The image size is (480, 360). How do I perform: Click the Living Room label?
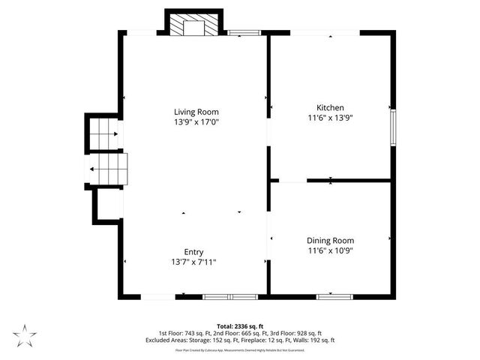click(196, 112)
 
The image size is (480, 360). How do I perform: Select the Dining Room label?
click(330, 241)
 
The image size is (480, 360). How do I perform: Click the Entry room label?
click(194, 252)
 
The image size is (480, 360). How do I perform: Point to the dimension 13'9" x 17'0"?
click(196, 121)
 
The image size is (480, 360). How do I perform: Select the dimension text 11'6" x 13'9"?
click(330, 118)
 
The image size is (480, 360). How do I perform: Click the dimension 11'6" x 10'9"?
click(330, 250)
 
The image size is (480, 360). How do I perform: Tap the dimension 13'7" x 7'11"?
click(194, 262)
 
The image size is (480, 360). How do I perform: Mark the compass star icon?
click(25, 334)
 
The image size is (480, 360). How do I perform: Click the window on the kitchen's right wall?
click(392, 127)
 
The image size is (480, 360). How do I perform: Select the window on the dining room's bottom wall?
click(334, 297)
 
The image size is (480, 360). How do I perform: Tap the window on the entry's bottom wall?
click(230, 297)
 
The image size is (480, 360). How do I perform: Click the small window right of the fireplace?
click(244, 32)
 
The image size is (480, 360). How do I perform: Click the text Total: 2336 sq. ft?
click(240, 326)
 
